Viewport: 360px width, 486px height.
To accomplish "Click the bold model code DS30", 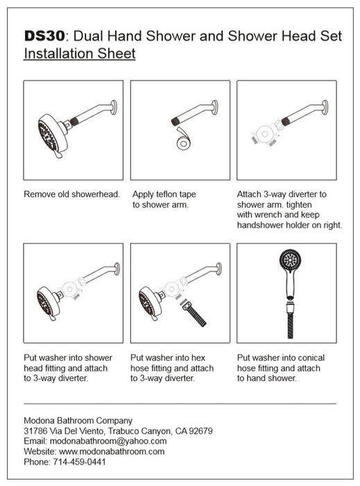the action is coord(44,36).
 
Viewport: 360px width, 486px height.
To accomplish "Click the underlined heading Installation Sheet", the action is coord(80,53).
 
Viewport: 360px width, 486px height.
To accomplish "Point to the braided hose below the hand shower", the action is coord(290,321).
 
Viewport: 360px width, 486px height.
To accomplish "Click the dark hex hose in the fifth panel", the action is coord(194,315).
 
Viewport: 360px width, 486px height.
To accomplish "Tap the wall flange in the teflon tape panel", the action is coord(215,108).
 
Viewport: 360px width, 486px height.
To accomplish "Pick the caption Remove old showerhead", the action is coord(72,194).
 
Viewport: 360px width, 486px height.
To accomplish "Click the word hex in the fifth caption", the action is coord(198,358).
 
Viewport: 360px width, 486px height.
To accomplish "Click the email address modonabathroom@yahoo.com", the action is coord(108,441).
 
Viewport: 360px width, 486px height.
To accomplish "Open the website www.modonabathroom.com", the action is coord(112,451).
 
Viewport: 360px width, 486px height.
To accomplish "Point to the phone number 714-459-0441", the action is coord(79,462).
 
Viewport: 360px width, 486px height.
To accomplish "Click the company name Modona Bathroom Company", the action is coord(78,421).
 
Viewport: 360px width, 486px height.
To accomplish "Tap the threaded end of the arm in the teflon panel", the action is coord(175,121).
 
